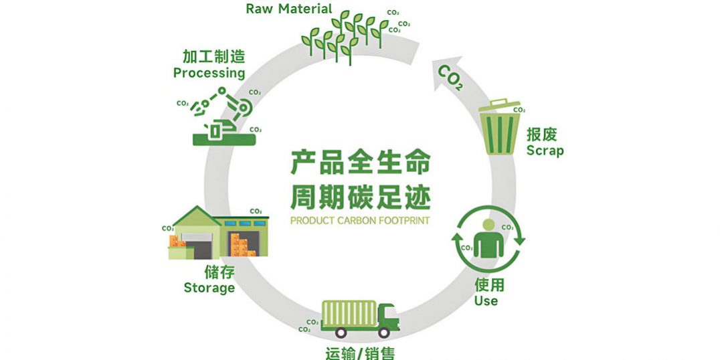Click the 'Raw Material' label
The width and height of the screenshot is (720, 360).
[288, 9]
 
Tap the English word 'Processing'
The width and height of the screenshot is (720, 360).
[209, 72]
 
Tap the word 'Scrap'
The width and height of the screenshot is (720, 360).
[545, 150]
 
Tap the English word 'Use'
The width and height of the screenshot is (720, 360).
[486, 300]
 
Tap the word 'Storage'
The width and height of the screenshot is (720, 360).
[209, 288]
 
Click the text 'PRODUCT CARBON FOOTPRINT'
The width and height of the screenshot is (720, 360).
[360, 219]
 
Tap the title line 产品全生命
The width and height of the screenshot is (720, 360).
[360, 163]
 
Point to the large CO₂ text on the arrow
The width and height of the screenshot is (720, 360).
[450, 77]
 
